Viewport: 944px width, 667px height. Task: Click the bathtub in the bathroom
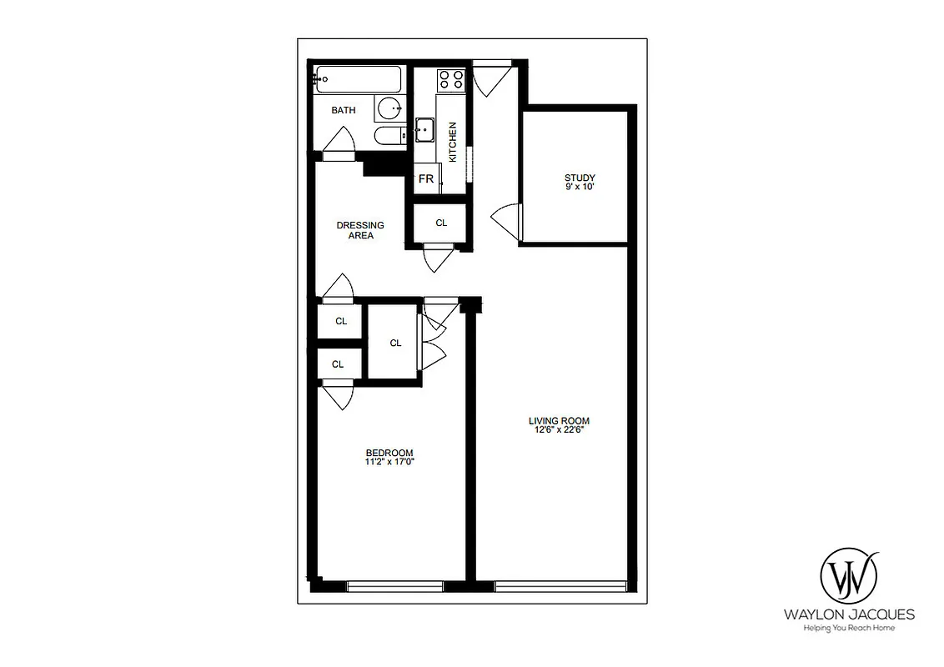[x=359, y=81]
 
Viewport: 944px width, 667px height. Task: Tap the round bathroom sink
[x=389, y=108]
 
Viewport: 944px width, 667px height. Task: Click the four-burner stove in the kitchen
[x=451, y=79]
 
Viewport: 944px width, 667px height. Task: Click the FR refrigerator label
[x=425, y=179]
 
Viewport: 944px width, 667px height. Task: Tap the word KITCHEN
[x=453, y=142]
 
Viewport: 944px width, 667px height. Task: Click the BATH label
[x=343, y=110]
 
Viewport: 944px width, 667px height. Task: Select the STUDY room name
[x=580, y=178]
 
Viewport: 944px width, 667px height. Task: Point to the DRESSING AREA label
[x=360, y=230]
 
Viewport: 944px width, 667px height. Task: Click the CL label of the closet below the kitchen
[x=441, y=223]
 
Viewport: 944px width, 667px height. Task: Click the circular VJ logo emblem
[x=849, y=575]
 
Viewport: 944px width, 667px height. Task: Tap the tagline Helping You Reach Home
[x=849, y=628]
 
